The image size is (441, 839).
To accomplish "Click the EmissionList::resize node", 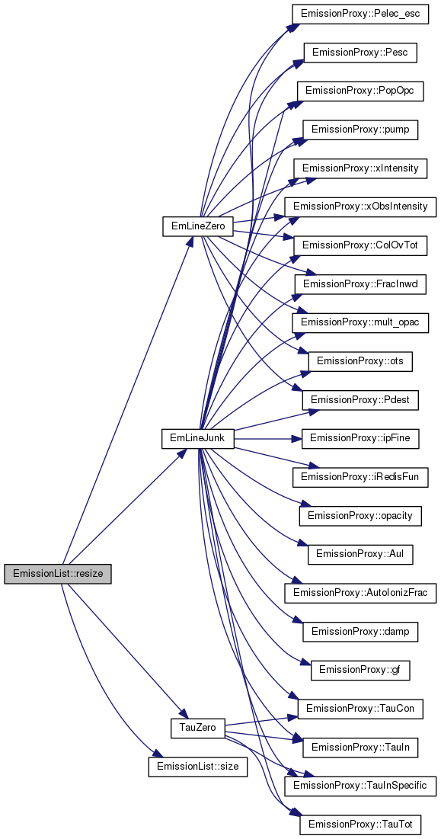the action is pos(58,574).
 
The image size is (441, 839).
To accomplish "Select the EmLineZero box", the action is pos(198,226).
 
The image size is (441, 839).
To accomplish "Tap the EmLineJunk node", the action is pos(198,438).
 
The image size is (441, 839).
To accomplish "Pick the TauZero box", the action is pos(197,728).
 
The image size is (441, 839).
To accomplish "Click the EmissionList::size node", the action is pos(198,767).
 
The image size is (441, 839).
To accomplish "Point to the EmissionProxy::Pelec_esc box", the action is pos(360,14).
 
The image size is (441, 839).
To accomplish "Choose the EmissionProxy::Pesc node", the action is pos(360,53).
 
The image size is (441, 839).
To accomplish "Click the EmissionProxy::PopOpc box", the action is pos(360,90).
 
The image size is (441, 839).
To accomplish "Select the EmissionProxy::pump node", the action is pos(360,130).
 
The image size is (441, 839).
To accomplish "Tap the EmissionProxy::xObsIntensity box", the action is pos(360,206).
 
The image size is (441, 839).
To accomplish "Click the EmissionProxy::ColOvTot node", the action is pos(360,245).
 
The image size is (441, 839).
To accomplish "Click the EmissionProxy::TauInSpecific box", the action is pos(360,786).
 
